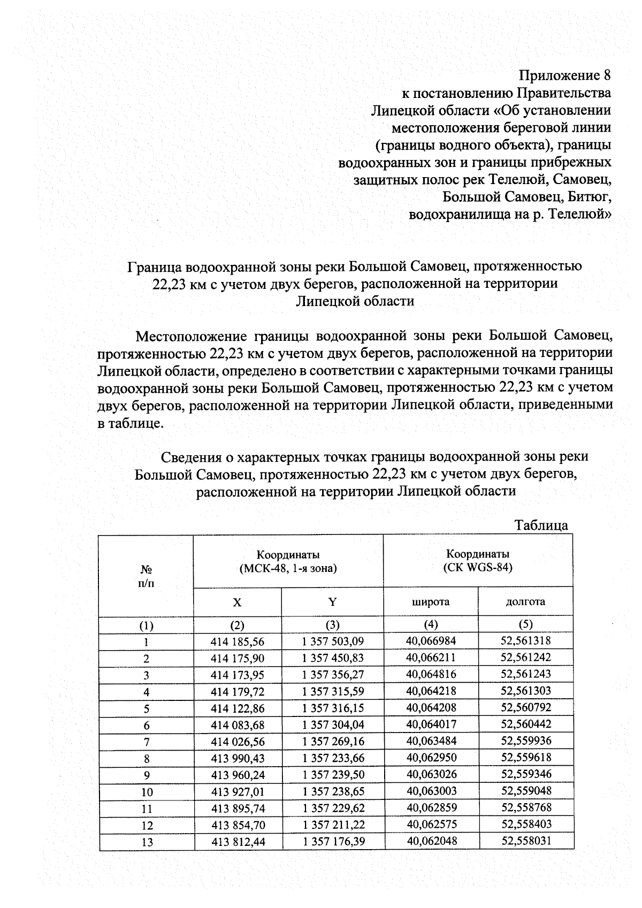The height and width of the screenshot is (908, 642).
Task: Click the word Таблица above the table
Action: [541, 525]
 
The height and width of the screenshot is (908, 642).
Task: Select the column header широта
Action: [430, 601]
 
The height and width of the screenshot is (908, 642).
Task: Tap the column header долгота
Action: [525, 601]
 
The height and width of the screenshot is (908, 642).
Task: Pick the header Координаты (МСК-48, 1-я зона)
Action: [288, 561]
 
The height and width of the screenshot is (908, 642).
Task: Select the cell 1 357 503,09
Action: [332, 641]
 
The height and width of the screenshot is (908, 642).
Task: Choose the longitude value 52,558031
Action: [526, 841]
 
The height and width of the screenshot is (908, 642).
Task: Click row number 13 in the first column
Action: [147, 842]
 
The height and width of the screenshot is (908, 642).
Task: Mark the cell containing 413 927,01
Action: [238, 792]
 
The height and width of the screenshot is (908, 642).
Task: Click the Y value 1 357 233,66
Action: [332, 758]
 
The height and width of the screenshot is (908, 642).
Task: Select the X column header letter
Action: [237, 602]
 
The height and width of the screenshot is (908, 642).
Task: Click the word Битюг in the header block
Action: [591, 197]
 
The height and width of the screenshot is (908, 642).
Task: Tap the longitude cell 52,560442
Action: [526, 724]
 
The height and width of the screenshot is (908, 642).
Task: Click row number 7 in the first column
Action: [147, 742]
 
